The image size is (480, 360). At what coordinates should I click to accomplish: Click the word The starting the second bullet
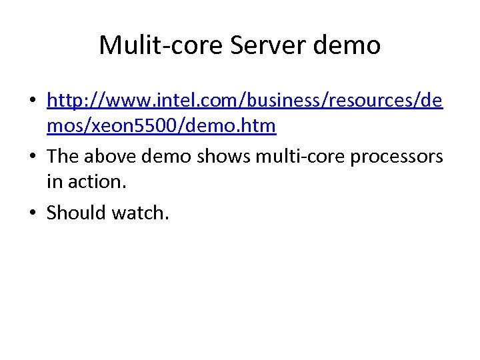click(x=63, y=157)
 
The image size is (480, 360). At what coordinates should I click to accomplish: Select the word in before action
click(x=54, y=181)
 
